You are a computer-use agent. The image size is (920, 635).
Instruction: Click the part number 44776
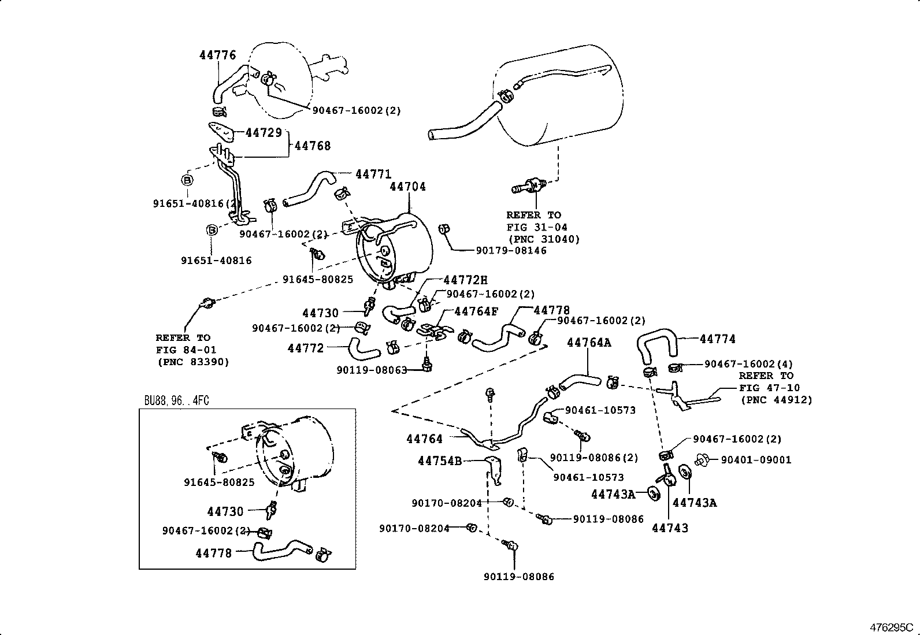pos(218,55)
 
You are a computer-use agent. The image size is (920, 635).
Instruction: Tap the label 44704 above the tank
pos(407,187)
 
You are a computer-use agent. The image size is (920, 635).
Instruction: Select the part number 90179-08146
pos(511,250)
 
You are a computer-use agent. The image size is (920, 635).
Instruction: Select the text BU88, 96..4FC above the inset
pos(176,400)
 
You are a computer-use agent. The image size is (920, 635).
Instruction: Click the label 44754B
pos(439,461)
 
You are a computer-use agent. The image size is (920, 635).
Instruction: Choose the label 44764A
pos(588,342)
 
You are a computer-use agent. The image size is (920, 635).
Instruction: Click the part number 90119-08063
pos(372,370)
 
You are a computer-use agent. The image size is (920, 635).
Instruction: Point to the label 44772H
pos(465,280)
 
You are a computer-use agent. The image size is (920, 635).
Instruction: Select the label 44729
pos(263,132)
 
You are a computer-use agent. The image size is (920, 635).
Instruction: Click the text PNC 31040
pos(543,239)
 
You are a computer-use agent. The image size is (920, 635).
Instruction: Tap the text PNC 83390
pos(193,362)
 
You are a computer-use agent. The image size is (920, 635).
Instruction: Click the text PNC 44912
pos(776,400)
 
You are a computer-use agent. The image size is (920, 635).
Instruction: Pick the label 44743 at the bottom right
pos(670,528)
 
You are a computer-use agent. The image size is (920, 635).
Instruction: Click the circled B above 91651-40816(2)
pos(187,180)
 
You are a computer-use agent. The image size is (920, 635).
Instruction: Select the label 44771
pos(373,174)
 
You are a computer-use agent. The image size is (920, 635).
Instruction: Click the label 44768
pos(313,146)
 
